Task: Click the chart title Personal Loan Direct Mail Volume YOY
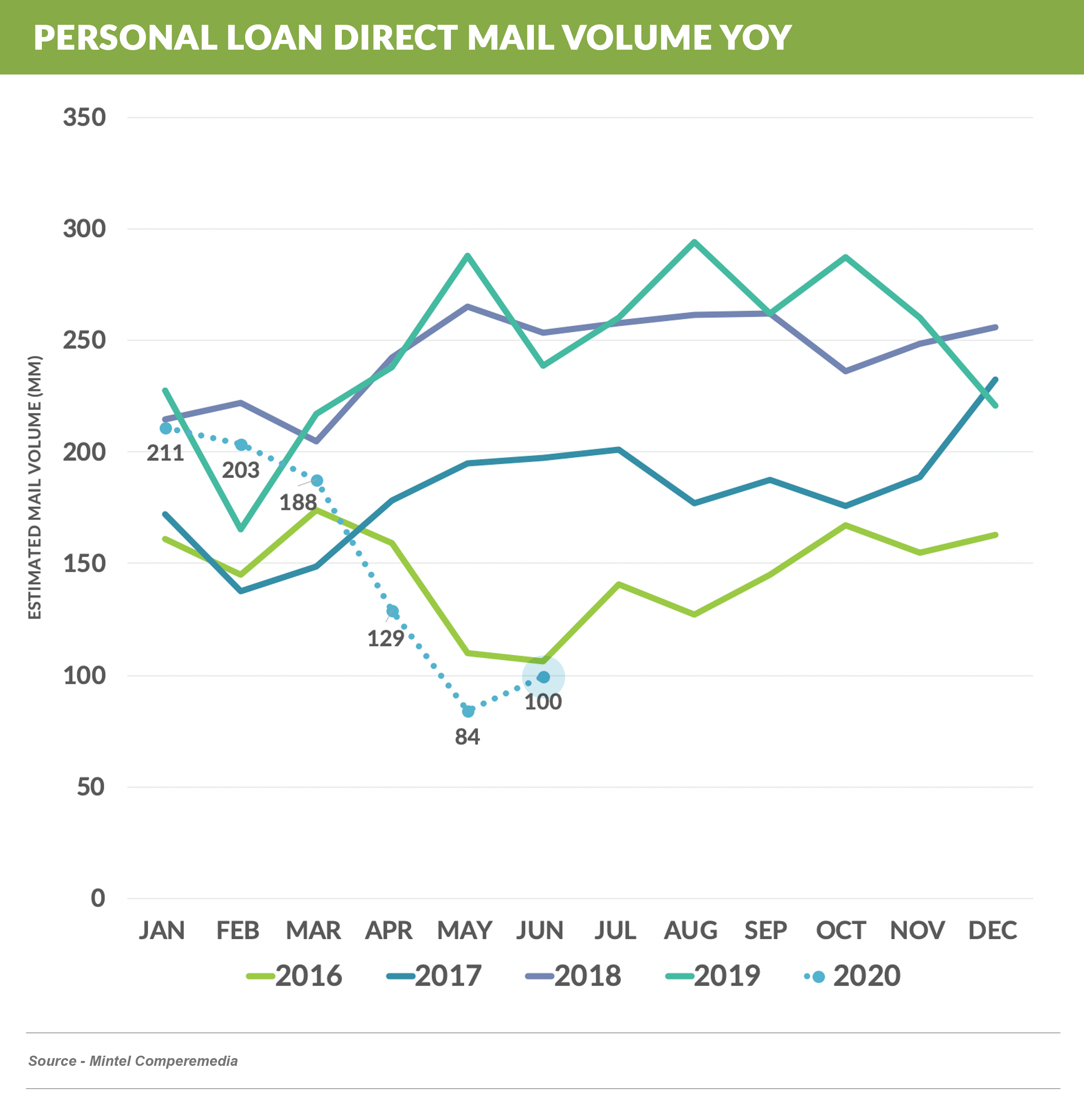click(x=412, y=37)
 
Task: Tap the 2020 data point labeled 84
click(x=468, y=711)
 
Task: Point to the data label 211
click(x=165, y=454)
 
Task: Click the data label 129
click(x=385, y=638)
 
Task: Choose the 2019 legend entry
click(x=713, y=976)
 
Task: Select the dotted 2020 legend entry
click(x=852, y=976)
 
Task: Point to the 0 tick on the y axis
click(x=98, y=898)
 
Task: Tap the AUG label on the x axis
click(x=691, y=931)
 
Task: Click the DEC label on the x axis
click(x=992, y=931)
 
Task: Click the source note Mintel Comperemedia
click(x=133, y=1061)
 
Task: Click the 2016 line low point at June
click(x=543, y=661)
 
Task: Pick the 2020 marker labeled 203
click(x=241, y=445)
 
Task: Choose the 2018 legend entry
click(x=573, y=976)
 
